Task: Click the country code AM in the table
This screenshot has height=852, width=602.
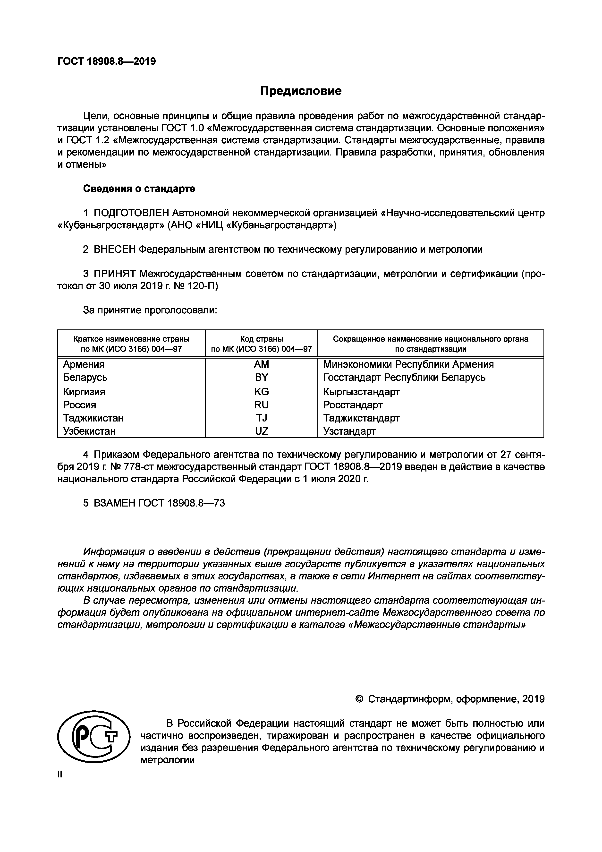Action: pos(262,364)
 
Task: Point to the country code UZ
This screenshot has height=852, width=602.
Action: pos(262,431)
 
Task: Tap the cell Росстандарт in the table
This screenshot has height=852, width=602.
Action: pos(353,405)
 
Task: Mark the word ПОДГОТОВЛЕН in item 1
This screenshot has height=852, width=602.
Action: pos(131,213)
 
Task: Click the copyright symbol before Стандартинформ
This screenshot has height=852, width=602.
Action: pos(359,699)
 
